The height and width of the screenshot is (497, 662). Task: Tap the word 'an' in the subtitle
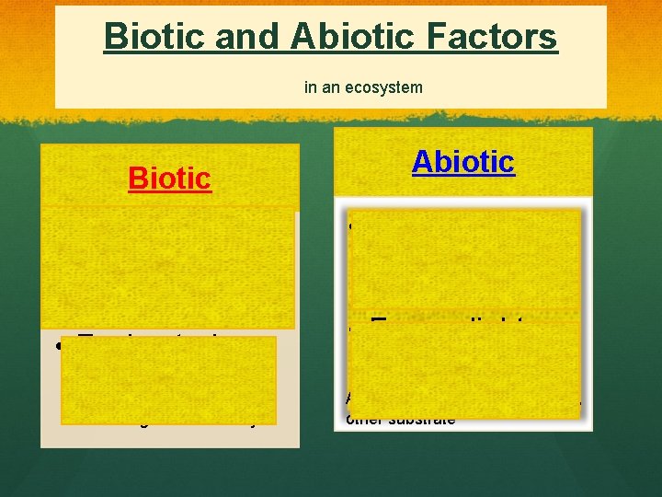coord(328,87)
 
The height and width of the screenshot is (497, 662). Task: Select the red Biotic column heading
coord(170,178)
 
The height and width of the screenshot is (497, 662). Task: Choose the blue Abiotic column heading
coord(463,161)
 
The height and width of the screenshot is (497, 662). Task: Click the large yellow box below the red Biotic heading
coord(167,267)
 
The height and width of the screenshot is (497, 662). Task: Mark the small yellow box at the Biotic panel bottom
coord(169,379)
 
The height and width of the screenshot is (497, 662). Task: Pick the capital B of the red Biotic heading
coord(137,178)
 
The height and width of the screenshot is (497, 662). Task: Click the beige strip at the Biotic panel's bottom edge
coord(169,438)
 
